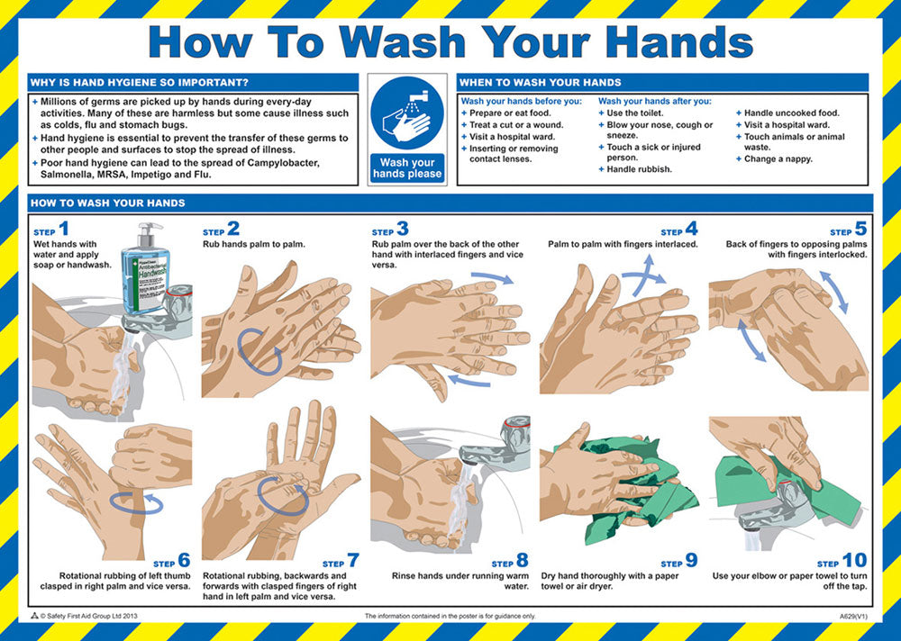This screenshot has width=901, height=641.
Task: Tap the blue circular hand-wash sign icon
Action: coord(407,113)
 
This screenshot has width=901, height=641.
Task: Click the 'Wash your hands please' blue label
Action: coord(407,168)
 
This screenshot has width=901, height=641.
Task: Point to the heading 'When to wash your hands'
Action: coord(540,83)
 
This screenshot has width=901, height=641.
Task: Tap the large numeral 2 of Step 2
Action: coord(233,229)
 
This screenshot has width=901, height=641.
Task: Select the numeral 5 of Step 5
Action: coord(860,229)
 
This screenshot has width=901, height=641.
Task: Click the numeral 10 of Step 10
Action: coord(854,561)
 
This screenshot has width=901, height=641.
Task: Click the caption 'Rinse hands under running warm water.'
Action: coord(460,581)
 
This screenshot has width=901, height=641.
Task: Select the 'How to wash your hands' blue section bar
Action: coord(450,203)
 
